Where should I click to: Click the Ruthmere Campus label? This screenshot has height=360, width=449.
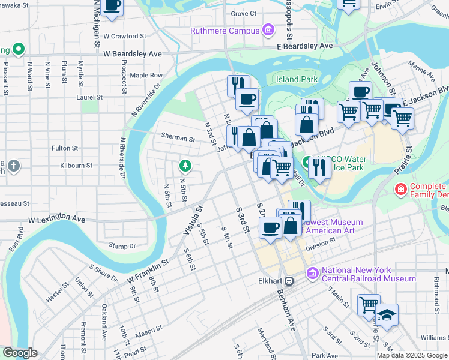coord(225,31)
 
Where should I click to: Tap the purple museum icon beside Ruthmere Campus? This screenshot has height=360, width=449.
coord(268,30)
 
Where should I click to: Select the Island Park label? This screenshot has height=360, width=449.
coord(296,79)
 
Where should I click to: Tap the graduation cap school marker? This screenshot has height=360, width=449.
coord(387,316)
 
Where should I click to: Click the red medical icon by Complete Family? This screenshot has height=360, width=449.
coord(400,190)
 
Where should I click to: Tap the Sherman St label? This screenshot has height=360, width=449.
coord(178,138)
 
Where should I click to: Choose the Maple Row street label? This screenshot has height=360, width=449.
coord(146,75)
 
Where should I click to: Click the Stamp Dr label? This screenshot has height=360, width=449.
coord(122,246)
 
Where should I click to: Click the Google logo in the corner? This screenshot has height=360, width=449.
coord(20,353)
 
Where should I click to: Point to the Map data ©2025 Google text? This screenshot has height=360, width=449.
coord(411,355)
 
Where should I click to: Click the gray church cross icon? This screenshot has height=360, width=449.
coord(13,165)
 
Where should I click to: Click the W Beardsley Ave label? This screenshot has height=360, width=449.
coord(133,53)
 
